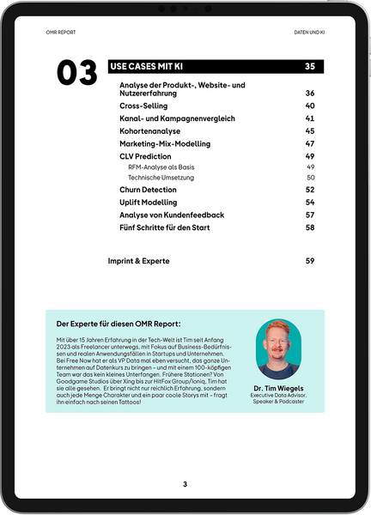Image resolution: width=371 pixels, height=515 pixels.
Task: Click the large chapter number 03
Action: pos(76,73)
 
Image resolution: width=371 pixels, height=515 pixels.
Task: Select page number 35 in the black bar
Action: pos(309,66)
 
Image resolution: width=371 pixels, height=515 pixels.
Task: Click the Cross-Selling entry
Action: pos(144,106)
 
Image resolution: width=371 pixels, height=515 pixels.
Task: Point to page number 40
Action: pos(310,106)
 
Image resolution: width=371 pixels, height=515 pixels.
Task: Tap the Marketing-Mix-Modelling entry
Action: pos(165,143)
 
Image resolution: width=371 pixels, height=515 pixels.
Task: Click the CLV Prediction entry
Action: pos(145,156)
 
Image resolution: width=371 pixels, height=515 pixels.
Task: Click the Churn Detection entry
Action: pos(149,190)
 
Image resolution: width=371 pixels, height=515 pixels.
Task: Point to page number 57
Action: pos(310,215)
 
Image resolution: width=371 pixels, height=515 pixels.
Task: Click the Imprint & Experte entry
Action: pos(138,260)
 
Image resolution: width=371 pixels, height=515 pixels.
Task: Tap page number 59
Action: pos(310,260)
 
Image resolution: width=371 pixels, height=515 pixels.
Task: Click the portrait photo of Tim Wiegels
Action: pos(279,349)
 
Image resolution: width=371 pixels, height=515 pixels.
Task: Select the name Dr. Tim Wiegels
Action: pos(279,388)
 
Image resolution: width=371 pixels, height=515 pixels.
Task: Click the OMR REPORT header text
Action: pos(61,33)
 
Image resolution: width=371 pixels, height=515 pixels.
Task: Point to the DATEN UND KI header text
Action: pos(309,33)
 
